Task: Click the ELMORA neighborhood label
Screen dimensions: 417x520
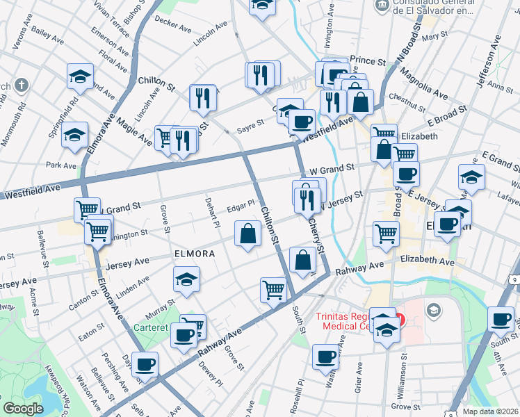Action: coord(195,254)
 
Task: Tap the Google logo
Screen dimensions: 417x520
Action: coord(23,409)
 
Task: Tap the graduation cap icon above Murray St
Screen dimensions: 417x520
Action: coord(186,280)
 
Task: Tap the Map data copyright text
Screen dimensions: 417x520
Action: coord(491,411)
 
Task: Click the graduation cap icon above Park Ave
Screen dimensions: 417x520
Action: coord(74,136)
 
